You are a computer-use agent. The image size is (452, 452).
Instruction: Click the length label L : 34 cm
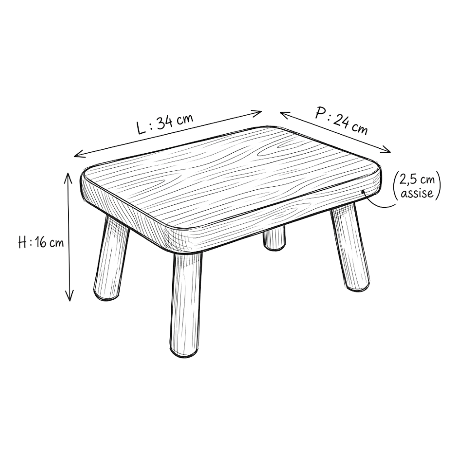tap(165, 124)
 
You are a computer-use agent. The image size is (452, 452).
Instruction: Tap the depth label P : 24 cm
tap(341, 121)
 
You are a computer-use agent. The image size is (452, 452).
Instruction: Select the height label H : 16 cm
tap(41, 242)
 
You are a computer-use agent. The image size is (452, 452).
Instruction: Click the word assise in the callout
tap(417, 193)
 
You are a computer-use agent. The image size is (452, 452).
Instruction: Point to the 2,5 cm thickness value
tap(417, 179)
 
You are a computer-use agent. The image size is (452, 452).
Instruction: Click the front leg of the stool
tap(185, 304)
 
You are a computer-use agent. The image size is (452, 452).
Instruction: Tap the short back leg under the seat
tap(274, 238)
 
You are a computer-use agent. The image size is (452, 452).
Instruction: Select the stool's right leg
tap(350, 247)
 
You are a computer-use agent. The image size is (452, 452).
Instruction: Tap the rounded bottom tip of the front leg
tap(184, 353)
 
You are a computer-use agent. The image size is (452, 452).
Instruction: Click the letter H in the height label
tap(23, 242)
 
